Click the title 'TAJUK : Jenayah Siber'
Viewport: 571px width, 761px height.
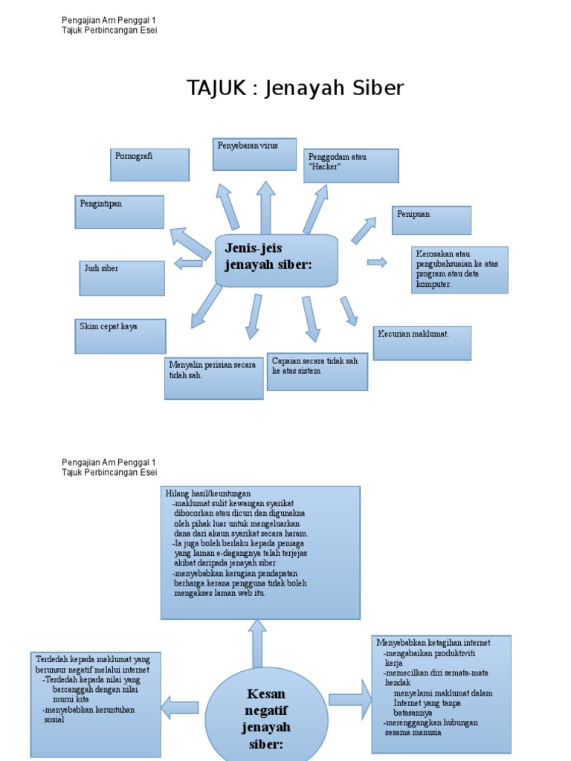tap(295, 88)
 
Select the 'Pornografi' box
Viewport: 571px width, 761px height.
tap(149, 165)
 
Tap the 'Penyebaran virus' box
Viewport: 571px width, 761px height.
tap(254, 155)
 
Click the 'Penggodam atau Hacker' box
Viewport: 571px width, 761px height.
tap(351, 166)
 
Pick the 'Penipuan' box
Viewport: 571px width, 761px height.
tap(431, 220)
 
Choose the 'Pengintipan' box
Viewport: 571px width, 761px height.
tap(120, 212)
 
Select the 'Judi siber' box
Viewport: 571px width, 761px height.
tap(122, 278)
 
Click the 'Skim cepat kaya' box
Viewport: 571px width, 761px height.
tap(120, 337)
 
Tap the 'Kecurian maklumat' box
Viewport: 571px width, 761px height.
tap(422, 343)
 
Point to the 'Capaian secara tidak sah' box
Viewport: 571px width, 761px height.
tap(317, 372)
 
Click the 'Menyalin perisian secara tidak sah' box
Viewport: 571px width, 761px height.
tap(213, 378)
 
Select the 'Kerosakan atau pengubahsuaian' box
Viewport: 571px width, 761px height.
tap(459, 270)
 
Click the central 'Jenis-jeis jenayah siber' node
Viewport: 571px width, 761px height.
tap(277, 260)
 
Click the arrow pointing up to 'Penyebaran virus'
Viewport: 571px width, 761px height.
tap(265, 208)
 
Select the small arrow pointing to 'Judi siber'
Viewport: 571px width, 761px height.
tap(188, 264)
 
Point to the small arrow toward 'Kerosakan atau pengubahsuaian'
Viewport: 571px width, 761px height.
tap(377, 262)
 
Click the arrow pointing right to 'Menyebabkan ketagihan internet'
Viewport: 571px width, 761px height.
tap(350, 699)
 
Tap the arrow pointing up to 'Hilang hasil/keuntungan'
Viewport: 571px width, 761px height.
tap(257, 644)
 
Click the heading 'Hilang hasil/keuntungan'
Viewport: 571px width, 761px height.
tap(208, 493)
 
